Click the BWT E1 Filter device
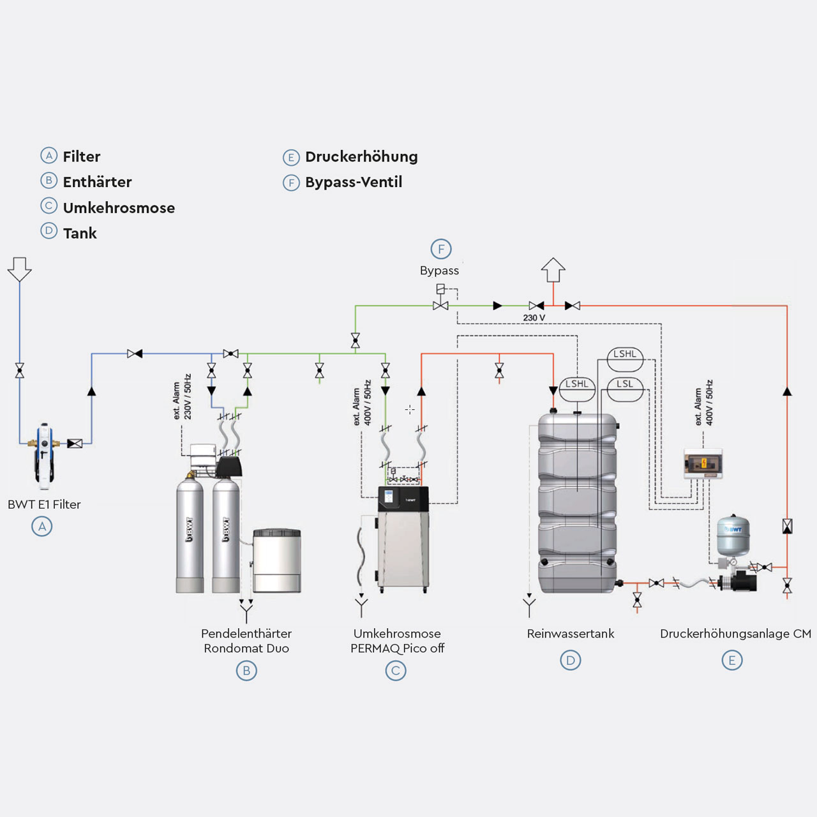(43, 454)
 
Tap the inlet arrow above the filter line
(20, 269)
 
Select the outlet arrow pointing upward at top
(553, 269)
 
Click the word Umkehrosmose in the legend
(119, 208)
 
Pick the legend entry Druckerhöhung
(361, 157)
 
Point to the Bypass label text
(439, 271)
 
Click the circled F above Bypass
(441, 249)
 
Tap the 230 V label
(534, 318)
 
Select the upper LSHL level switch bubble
(625, 355)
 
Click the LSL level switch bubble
(625, 385)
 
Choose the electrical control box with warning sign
(703, 463)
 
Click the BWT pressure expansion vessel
(732, 536)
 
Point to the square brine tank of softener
(276, 560)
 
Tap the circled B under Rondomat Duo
(246, 671)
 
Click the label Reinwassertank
(571, 634)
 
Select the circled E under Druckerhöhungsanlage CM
(732, 661)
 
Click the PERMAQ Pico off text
(397, 648)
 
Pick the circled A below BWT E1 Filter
(42, 527)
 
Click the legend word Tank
(80, 234)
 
